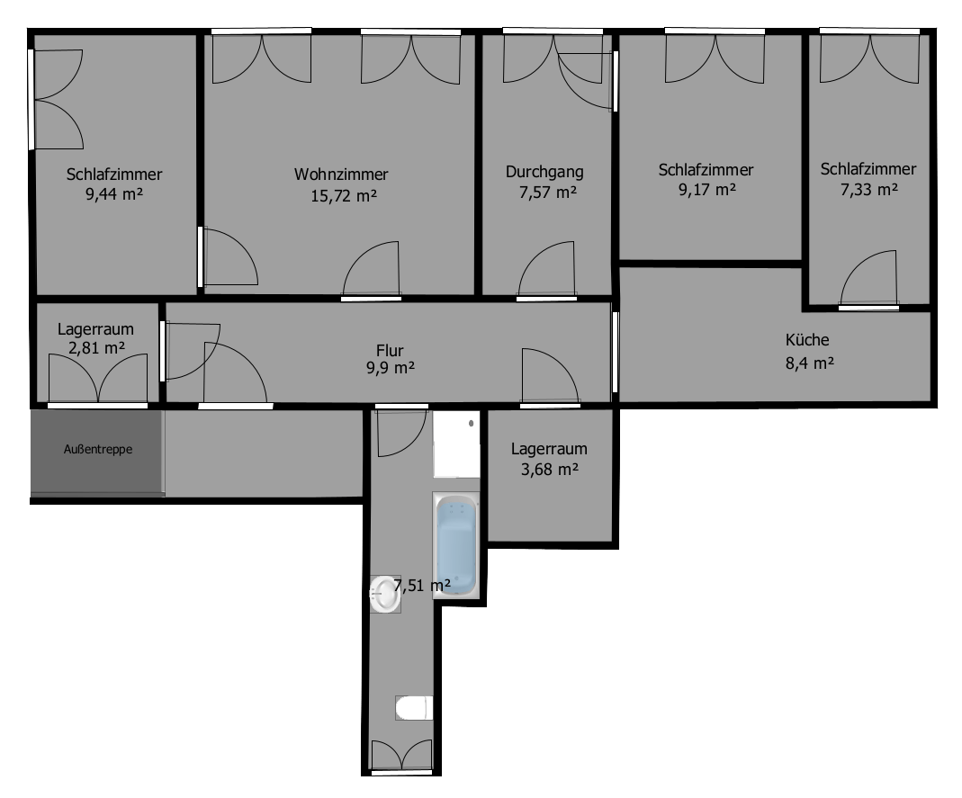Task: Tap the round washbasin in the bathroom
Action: (385, 595)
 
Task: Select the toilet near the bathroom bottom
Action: (413, 708)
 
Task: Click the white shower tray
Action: (456, 444)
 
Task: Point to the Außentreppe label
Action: (98, 449)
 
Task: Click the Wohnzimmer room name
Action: (341, 175)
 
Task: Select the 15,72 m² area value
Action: (343, 195)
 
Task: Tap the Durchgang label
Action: (544, 172)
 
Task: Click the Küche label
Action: (807, 340)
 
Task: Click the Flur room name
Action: (390, 350)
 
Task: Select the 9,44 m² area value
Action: (115, 194)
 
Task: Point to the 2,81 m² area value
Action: (96, 347)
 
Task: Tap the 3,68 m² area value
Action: (548, 469)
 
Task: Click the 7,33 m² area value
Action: (869, 189)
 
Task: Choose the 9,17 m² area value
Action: (706, 190)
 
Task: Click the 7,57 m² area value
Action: (546, 192)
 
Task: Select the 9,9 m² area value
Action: (390, 368)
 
